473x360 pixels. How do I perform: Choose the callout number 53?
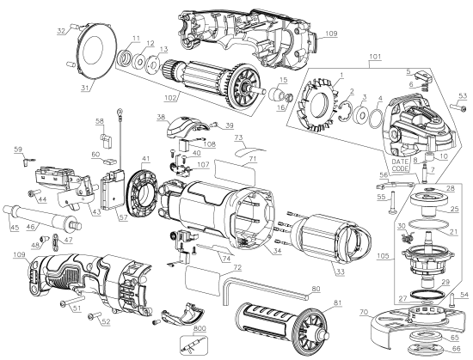pos(461,95)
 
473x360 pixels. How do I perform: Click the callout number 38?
pos(161,116)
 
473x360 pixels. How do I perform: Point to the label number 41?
pos(146,159)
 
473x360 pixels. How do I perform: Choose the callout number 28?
pos(451,187)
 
